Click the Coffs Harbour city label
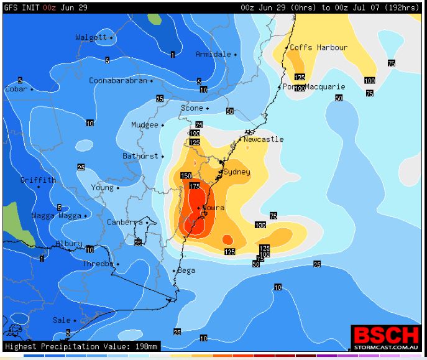[x=319, y=47]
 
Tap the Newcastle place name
[x=263, y=139]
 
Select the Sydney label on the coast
[x=237, y=172]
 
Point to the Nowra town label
[x=213, y=208]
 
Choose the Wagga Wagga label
[x=57, y=216]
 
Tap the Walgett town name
[x=91, y=37]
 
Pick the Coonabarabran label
[x=118, y=80]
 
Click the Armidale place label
[x=213, y=54]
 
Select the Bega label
[x=186, y=270]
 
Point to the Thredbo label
[x=98, y=264]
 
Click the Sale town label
[x=61, y=320]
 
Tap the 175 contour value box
[x=195, y=186]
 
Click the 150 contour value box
[x=186, y=176]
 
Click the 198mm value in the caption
[x=148, y=346]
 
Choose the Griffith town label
[x=37, y=180]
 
